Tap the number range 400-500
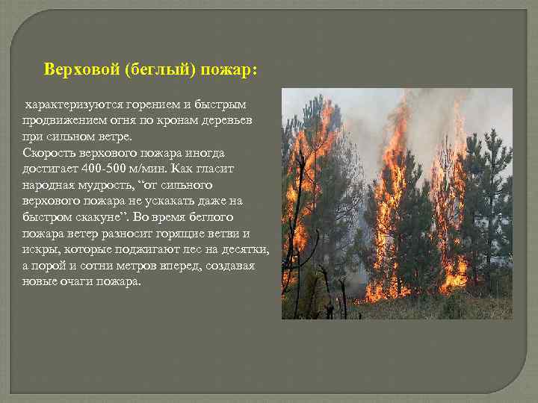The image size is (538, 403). [96, 169]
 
